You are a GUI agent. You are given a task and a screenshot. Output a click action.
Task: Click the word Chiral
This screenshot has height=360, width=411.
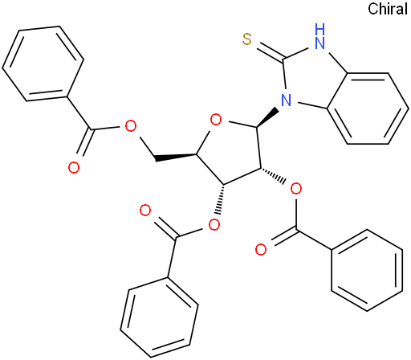coord(388,9)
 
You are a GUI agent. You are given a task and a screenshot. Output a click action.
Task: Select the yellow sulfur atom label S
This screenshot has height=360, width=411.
coord(247,39)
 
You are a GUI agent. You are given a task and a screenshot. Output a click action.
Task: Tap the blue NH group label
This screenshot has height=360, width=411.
coord(319,36)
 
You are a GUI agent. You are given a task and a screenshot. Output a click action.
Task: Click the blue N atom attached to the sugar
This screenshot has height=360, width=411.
coord(286,100)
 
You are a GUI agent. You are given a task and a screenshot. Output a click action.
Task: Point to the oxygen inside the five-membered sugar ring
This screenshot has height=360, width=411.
coord(216,120)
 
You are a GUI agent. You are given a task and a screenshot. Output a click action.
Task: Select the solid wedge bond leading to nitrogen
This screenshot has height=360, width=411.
coord(268,117)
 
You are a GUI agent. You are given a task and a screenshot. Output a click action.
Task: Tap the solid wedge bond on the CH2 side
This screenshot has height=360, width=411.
coord(176,157)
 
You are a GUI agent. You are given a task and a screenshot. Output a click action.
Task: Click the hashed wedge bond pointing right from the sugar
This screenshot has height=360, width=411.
coord(273,175)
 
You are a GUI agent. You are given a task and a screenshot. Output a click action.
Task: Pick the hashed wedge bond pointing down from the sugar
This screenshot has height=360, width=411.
coord(221,199)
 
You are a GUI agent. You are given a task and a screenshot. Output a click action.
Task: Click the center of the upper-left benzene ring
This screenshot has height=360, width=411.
coord(43,63)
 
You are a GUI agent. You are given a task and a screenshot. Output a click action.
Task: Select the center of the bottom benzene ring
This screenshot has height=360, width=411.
coord(159,317)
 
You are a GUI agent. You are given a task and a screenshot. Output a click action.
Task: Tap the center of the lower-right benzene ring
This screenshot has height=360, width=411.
coord(367,270)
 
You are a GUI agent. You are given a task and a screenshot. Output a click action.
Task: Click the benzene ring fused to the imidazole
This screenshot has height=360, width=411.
coord(368,108)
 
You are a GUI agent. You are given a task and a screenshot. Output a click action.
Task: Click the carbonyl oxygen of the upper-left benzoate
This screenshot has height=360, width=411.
coord(74,168)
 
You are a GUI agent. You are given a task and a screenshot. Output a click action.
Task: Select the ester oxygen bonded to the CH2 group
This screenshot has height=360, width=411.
coord(131,126)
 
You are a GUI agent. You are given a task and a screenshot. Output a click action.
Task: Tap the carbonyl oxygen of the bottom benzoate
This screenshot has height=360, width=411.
coord(145,211)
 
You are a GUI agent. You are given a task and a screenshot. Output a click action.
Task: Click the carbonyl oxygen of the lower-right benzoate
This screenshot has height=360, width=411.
coord(261,249)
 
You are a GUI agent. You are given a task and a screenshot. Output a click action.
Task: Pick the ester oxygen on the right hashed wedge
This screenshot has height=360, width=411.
coord(296,189)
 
